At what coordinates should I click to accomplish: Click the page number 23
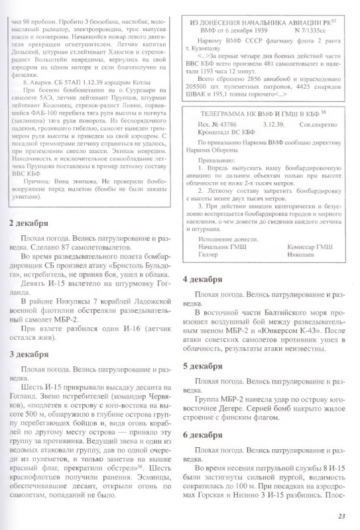pyautogui.click(x=341, y=517)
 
